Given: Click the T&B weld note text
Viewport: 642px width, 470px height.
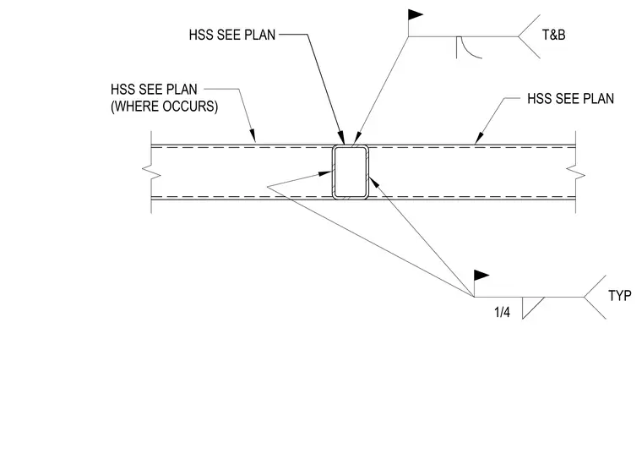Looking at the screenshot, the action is coord(553,35).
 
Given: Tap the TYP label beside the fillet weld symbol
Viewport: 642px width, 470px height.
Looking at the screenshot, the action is coord(620,295).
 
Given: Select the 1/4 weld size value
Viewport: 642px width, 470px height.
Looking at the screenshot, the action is coord(503,312).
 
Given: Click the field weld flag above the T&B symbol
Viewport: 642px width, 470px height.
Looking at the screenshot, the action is coord(415,15).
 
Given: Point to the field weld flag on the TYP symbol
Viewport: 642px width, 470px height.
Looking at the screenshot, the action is coord(481,276).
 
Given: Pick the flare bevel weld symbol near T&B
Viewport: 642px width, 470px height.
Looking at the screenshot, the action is coord(468,47).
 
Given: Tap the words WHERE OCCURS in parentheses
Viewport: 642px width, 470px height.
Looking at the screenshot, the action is coord(164,107).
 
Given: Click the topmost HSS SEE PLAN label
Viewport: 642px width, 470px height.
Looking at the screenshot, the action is coord(232,36).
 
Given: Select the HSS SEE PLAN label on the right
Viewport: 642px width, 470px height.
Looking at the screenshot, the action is coord(570,99).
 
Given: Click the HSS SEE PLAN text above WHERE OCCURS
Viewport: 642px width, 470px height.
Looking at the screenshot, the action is coord(154,90).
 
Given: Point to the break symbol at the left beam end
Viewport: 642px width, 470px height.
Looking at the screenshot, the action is coord(151,172).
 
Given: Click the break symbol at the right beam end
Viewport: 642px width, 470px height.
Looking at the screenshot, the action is coord(575,172).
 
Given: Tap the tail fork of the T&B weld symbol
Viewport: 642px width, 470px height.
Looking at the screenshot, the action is coord(530,36).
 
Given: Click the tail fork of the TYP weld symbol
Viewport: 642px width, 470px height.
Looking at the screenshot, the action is coord(595,297).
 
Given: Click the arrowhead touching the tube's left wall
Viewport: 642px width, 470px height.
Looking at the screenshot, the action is coord(325,174).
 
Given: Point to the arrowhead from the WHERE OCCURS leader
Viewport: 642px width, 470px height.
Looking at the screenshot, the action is coord(253,135).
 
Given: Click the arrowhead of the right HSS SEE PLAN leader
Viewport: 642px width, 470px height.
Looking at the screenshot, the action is coord(479,139).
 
